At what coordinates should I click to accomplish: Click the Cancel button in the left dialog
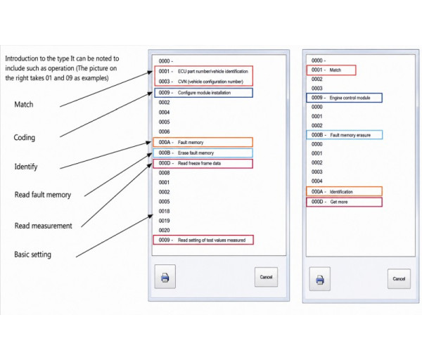tap(266, 277)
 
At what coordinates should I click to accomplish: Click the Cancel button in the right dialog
tap(399, 278)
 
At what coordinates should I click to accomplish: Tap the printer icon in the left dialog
tap(165, 276)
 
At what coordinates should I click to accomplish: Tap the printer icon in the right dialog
tap(320, 279)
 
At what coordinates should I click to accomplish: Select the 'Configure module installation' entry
tap(203, 93)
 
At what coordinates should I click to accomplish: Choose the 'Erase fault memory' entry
tap(203, 153)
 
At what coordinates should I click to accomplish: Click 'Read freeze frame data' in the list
tap(203, 163)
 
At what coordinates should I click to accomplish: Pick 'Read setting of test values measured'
tap(203, 240)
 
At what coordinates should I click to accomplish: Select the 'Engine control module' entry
tap(344, 98)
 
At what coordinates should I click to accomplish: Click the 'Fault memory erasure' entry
tap(345, 135)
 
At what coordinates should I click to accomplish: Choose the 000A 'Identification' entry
tap(344, 191)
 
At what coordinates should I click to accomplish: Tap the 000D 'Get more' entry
tap(344, 202)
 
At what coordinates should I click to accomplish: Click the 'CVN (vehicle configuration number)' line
tap(200, 82)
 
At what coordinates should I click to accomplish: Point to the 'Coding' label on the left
tap(24, 138)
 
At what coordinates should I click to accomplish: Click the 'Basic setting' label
tap(32, 255)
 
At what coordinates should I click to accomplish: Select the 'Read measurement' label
tap(44, 226)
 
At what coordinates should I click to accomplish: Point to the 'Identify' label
tap(26, 167)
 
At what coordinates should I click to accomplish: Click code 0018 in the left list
tap(164, 211)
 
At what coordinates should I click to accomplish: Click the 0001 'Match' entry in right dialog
tap(331, 70)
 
